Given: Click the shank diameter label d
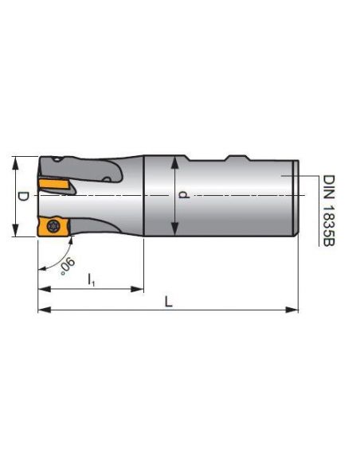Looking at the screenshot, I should pos(185,194).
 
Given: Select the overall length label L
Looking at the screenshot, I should pos(168,300).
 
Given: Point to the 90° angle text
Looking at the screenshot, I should pos(68,264).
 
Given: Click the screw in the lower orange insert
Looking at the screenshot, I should pos(53,225).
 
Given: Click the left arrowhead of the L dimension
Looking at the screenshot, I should pos(42,309).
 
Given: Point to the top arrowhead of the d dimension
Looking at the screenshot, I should pos(175,158).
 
